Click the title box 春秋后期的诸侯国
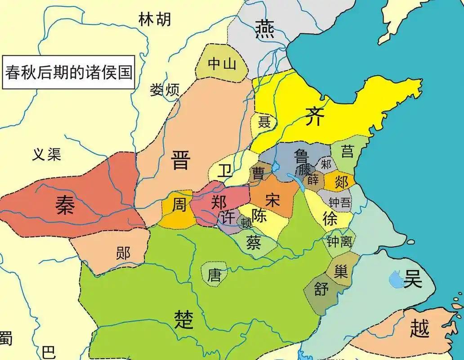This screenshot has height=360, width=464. (69, 72)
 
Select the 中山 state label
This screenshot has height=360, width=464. (222, 64)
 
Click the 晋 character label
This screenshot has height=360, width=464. (181, 161)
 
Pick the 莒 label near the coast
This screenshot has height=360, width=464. (347, 152)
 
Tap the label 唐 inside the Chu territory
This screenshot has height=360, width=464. (214, 274)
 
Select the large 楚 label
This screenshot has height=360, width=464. (184, 319)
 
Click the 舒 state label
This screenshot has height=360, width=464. (321, 289)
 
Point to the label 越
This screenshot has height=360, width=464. (419, 328)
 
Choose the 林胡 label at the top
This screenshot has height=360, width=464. (154, 20)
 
